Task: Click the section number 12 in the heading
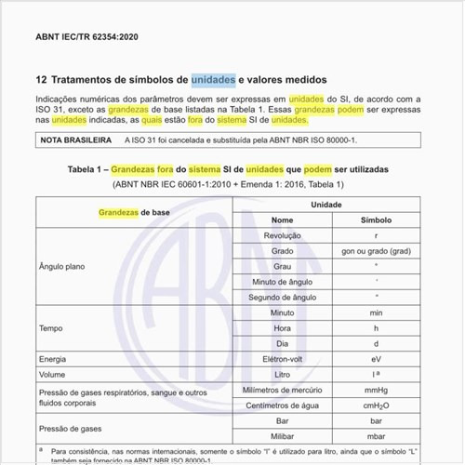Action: pyautogui.click(x=41, y=80)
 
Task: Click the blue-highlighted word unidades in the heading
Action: pyautogui.click(x=213, y=80)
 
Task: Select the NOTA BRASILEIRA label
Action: pyautogui.click(x=75, y=140)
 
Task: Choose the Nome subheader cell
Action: pyautogui.click(x=282, y=220)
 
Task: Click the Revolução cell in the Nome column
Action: pyautogui.click(x=282, y=236)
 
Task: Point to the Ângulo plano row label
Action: pyautogui.click(x=63, y=266)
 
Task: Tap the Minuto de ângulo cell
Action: pyautogui.click(x=282, y=282)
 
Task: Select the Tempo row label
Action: pyautogui.click(x=50, y=328)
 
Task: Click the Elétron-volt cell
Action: pyautogui.click(x=282, y=358)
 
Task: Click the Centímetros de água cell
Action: pyautogui.click(x=282, y=405)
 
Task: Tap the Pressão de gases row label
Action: pyautogui.click(x=71, y=428)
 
